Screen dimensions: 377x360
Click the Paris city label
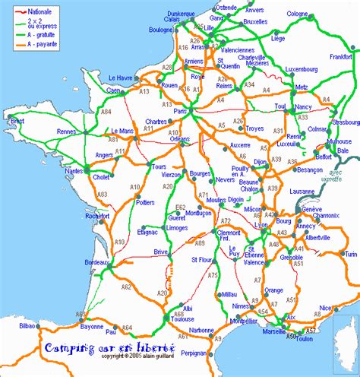click(x=180, y=112)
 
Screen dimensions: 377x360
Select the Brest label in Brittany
click(x=17, y=120)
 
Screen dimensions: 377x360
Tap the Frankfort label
click(x=341, y=56)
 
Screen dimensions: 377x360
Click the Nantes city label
click(x=74, y=172)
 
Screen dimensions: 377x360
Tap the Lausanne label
click(x=306, y=191)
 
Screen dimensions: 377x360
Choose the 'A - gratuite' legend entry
click(x=49, y=35)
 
